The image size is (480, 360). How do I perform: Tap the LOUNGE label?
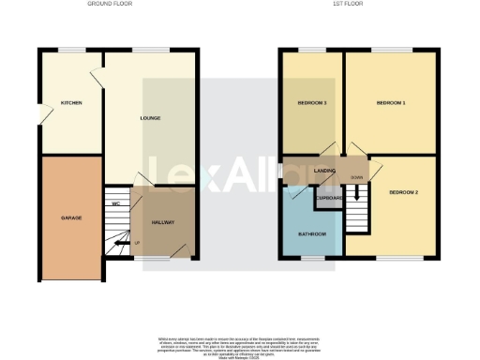pyautogui.click(x=151, y=118)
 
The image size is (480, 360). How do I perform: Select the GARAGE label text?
pyautogui.click(x=71, y=217)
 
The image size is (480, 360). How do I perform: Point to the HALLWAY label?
pyautogui.click(x=165, y=222)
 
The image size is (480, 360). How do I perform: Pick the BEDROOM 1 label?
pyautogui.click(x=390, y=102)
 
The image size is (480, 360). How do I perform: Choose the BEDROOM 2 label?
pyautogui.click(x=404, y=192)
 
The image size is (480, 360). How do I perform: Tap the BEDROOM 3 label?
pyautogui.click(x=312, y=102)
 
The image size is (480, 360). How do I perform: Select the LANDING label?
pyautogui.click(x=325, y=171)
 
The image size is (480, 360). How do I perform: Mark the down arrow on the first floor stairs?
pyautogui.click(x=357, y=217)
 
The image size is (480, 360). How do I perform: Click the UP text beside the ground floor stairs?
pyautogui.click(x=139, y=243)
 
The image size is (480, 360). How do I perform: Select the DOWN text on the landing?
pyautogui.click(x=357, y=176)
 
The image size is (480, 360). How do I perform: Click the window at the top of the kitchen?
pyautogui.click(x=70, y=49)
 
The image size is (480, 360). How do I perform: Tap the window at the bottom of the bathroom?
pyautogui.click(x=311, y=257)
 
